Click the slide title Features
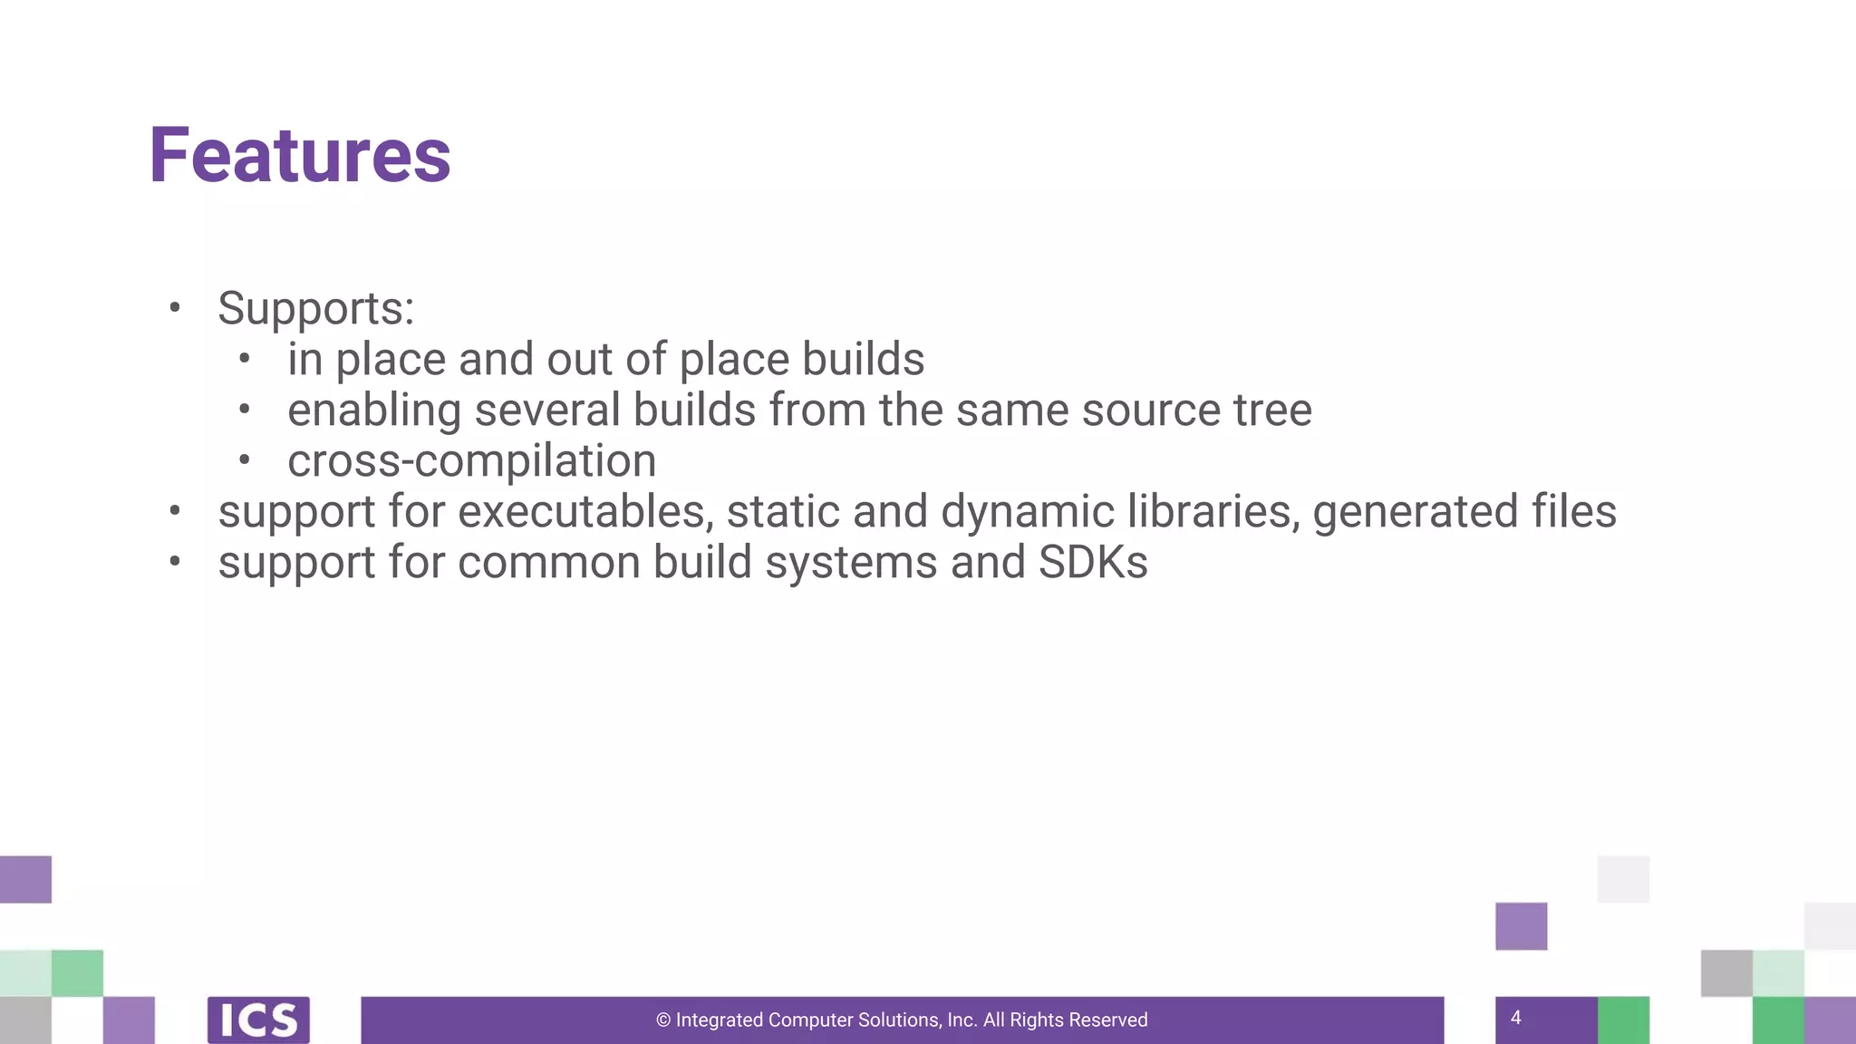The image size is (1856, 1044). (299, 156)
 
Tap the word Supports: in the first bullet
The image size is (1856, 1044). (315, 309)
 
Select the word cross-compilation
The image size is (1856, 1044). (471, 461)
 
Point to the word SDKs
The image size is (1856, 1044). (1093, 563)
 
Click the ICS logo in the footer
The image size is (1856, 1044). (258, 1020)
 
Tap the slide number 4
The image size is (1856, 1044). (1515, 1018)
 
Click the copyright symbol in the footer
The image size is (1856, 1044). (663, 1020)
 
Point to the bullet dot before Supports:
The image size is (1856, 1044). (175, 307)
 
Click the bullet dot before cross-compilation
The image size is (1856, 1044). (244, 459)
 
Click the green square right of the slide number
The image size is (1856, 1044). (1623, 1020)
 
